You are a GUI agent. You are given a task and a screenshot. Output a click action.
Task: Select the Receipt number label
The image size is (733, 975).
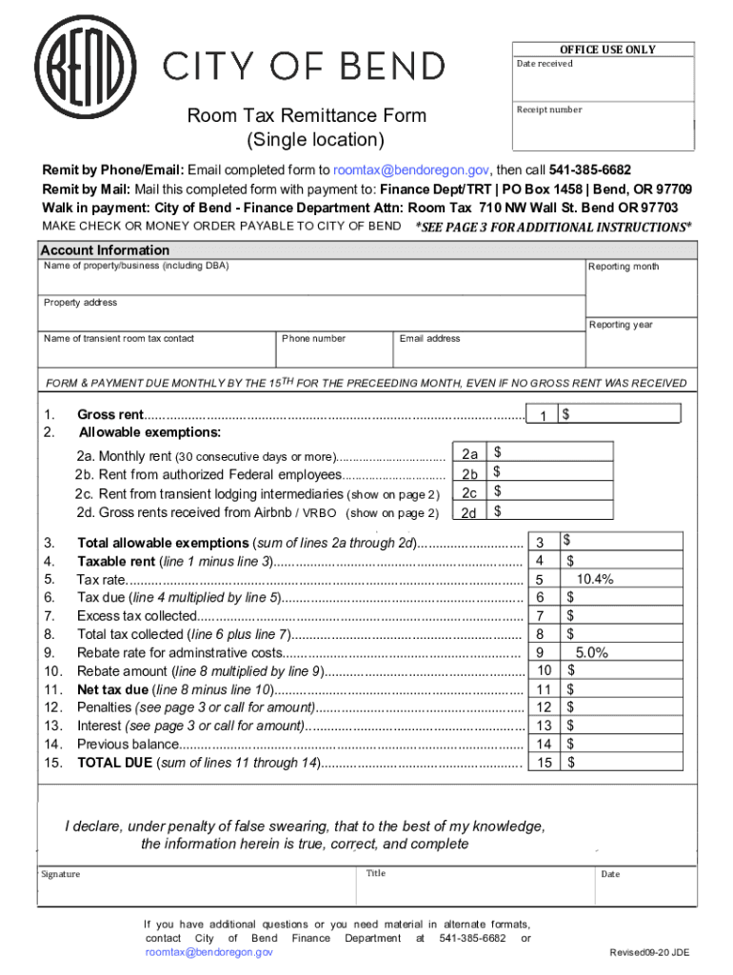[x=549, y=109]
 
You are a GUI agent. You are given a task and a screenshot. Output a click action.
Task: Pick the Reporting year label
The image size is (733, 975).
[x=621, y=325]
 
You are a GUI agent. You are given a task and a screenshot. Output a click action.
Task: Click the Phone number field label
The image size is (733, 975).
[x=314, y=338]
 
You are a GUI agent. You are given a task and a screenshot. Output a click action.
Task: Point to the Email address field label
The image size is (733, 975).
[x=429, y=338]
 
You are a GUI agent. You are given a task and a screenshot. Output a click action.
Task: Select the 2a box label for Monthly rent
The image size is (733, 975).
[x=469, y=454]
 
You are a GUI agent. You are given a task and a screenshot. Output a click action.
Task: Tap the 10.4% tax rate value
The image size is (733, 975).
[x=594, y=579]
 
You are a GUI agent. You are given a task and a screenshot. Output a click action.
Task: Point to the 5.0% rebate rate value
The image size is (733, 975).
[x=591, y=652]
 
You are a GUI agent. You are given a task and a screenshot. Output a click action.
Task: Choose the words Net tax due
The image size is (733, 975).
[x=112, y=689]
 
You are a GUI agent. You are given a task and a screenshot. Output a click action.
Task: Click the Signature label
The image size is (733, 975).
[x=60, y=874]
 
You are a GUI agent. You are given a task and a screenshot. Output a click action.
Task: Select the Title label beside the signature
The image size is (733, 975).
[x=375, y=873]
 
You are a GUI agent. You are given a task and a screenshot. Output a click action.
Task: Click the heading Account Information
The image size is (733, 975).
[x=105, y=250]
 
